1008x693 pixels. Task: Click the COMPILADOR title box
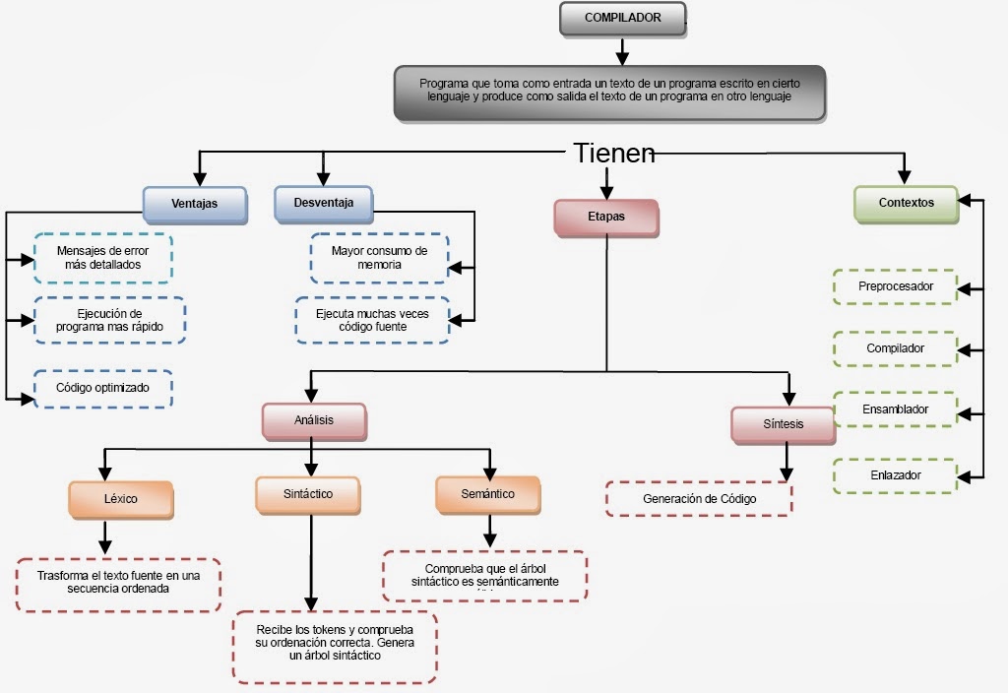click(623, 19)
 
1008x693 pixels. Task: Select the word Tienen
click(613, 153)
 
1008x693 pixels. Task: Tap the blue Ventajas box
click(194, 204)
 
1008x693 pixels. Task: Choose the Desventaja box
click(323, 204)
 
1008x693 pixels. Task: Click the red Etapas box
click(605, 218)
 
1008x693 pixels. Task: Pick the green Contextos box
click(906, 203)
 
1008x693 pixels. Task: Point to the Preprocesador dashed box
click(894, 286)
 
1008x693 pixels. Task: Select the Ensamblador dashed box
click(894, 409)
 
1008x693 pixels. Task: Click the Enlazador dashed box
click(894, 475)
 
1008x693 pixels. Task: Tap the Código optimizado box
click(102, 388)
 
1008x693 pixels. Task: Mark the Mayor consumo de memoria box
click(379, 258)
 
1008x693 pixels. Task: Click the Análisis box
click(314, 420)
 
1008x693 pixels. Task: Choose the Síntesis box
click(784, 424)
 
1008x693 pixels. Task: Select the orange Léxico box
click(121, 499)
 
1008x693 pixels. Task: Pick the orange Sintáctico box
click(307, 494)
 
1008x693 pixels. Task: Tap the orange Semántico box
click(487, 494)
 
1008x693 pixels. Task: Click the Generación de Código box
click(699, 499)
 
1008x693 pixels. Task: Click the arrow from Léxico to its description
click(104, 537)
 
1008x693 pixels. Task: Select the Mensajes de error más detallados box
click(102, 258)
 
